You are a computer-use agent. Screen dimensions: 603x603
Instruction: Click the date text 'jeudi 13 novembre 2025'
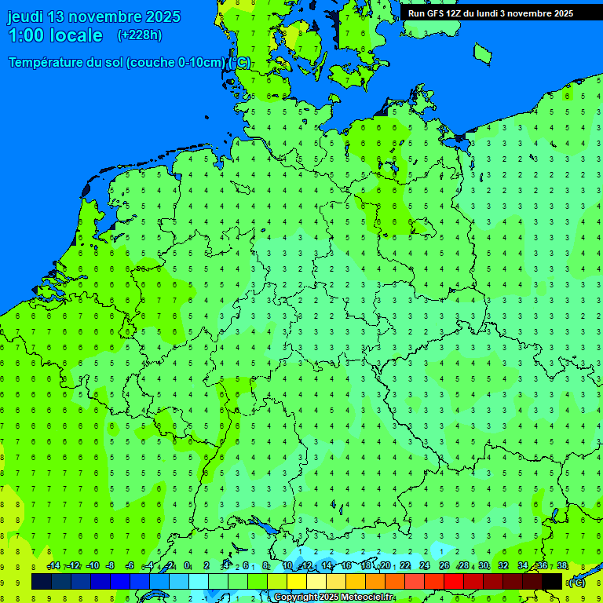(93, 16)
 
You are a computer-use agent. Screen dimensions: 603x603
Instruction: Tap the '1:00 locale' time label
(55, 35)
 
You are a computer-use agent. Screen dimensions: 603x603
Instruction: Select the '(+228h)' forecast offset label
(139, 35)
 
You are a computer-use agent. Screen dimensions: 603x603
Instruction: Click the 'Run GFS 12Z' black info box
(490, 13)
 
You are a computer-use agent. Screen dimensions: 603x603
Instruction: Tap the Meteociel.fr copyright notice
(334, 598)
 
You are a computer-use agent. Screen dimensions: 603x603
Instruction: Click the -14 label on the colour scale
(53, 566)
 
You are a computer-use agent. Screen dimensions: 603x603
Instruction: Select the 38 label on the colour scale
(562, 566)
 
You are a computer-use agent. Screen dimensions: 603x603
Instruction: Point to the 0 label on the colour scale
(187, 566)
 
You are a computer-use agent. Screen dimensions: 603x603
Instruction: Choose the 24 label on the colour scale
(425, 566)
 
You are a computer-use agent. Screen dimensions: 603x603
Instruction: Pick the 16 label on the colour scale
(346, 566)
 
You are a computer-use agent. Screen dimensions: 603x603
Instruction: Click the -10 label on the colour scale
(92, 566)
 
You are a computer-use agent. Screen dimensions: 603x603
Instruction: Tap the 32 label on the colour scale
(503, 566)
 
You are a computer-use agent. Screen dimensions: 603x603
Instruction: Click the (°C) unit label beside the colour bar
(576, 583)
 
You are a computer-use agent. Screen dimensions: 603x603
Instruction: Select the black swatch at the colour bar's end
(552, 582)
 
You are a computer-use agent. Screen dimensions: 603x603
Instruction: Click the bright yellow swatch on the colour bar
(297, 582)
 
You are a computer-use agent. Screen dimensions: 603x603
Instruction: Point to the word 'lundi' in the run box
(488, 13)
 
